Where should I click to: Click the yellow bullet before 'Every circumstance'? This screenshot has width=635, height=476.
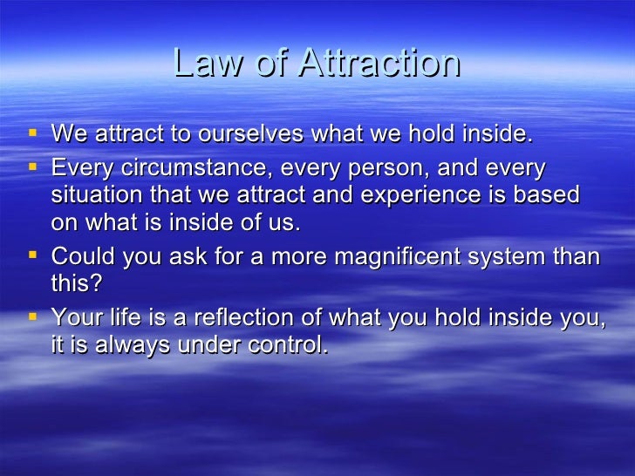(32, 165)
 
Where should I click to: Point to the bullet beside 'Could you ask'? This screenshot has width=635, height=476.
(32, 255)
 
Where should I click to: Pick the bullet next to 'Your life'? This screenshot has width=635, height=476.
(32, 316)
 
